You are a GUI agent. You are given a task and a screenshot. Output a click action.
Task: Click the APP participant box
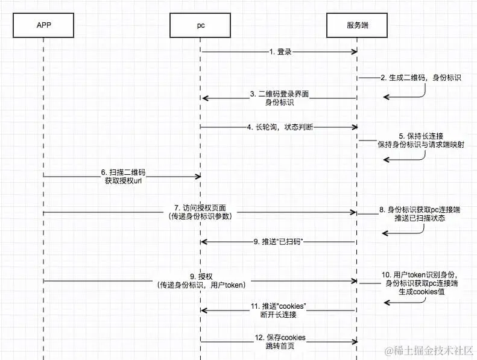[x=43, y=25]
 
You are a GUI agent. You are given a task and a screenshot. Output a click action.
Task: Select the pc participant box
[x=200, y=25]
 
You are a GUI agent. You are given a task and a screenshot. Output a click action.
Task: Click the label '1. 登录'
[x=280, y=52]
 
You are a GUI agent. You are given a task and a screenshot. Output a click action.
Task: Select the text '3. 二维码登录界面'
[x=280, y=94]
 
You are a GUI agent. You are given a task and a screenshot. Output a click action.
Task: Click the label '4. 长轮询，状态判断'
[x=280, y=127]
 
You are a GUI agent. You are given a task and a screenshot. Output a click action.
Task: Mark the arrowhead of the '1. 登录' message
[x=355, y=52]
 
